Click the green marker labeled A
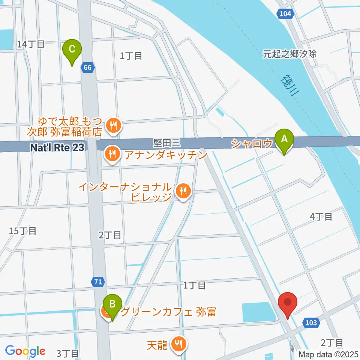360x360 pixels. click(x=284, y=139)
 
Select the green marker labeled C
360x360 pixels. click(x=72, y=49)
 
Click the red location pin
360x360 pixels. click(x=288, y=302)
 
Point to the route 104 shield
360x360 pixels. click(x=285, y=14)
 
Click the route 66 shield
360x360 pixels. click(x=87, y=68)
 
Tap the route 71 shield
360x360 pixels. click(x=97, y=282)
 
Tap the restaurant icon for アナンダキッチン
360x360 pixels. click(x=112, y=153)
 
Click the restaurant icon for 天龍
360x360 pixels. click(x=177, y=343)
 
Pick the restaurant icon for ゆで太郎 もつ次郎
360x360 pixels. click(x=113, y=125)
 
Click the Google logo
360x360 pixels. click(x=25, y=351)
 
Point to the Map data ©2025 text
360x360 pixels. click(x=329, y=354)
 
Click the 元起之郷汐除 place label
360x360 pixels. click(x=289, y=54)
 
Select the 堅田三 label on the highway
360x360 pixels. click(x=167, y=142)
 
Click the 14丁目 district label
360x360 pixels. click(x=31, y=44)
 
